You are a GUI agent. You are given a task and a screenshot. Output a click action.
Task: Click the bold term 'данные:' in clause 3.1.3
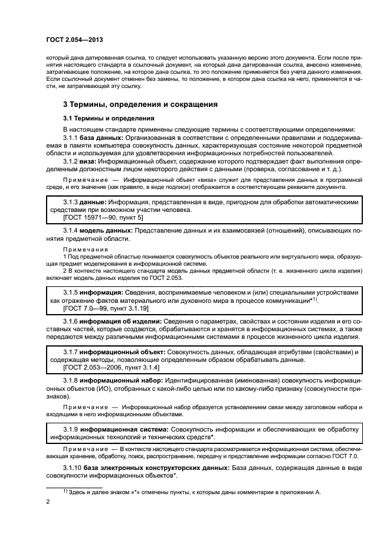pos(94,202)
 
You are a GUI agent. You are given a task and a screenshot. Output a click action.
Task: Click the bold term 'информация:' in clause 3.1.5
pos(101,292)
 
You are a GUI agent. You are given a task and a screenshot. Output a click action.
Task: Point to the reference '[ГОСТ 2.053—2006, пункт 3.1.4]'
pos(112,367)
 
